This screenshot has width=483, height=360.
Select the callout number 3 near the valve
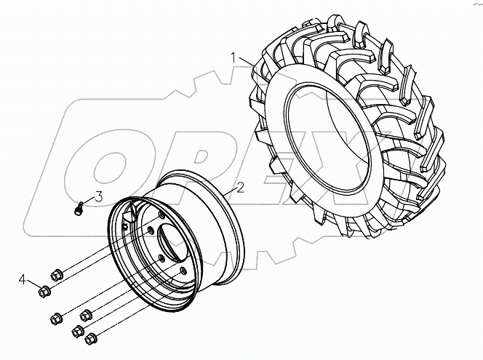pos(97,196)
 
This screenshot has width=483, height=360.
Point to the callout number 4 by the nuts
pos(23,279)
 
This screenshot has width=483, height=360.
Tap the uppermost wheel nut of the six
pos(58,273)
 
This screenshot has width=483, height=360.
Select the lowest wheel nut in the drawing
pos(91,339)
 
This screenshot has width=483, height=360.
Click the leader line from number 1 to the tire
pos(246,62)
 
